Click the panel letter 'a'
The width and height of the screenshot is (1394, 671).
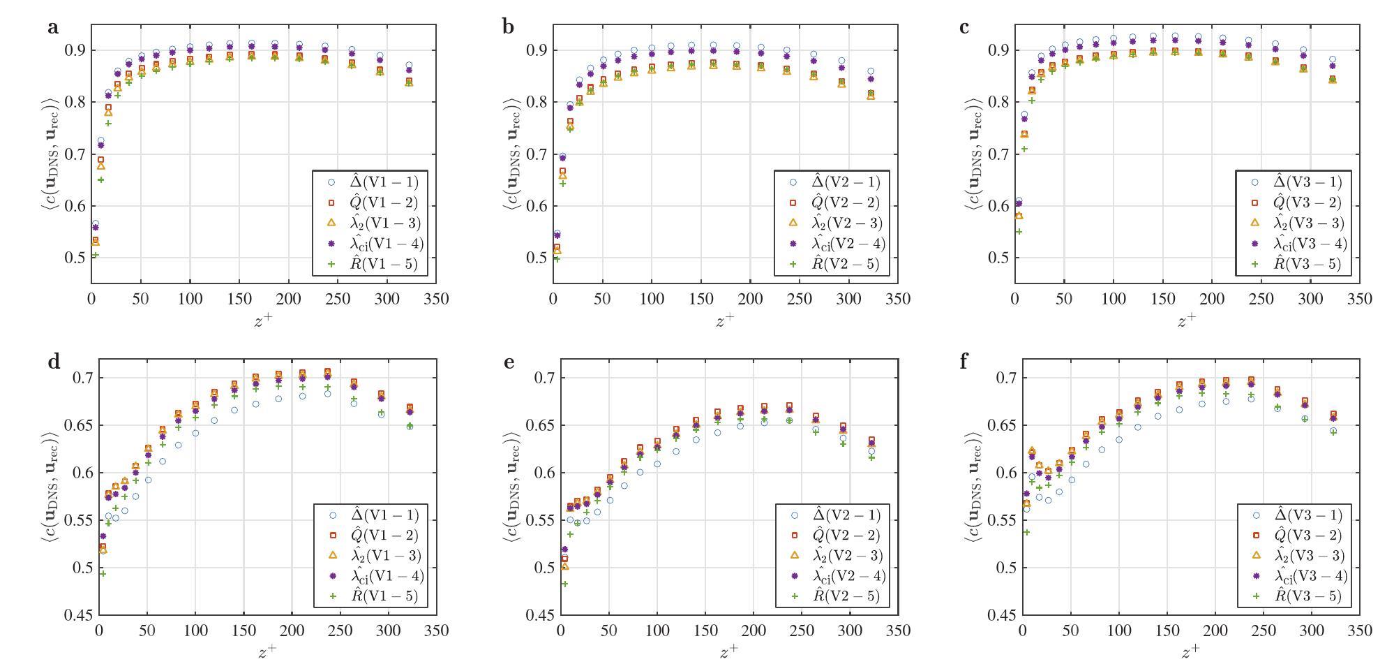tap(52, 28)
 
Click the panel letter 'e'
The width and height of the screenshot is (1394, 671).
tap(509, 362)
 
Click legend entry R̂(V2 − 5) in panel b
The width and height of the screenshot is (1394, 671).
tap(844, 264)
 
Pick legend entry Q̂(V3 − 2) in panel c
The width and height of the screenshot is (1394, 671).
tap(1306, 202)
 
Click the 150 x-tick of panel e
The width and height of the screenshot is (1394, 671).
tap(705, 631)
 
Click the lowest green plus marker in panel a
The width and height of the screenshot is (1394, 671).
tap(96, 255)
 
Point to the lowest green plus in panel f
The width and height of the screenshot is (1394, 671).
tap(1026, 532)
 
